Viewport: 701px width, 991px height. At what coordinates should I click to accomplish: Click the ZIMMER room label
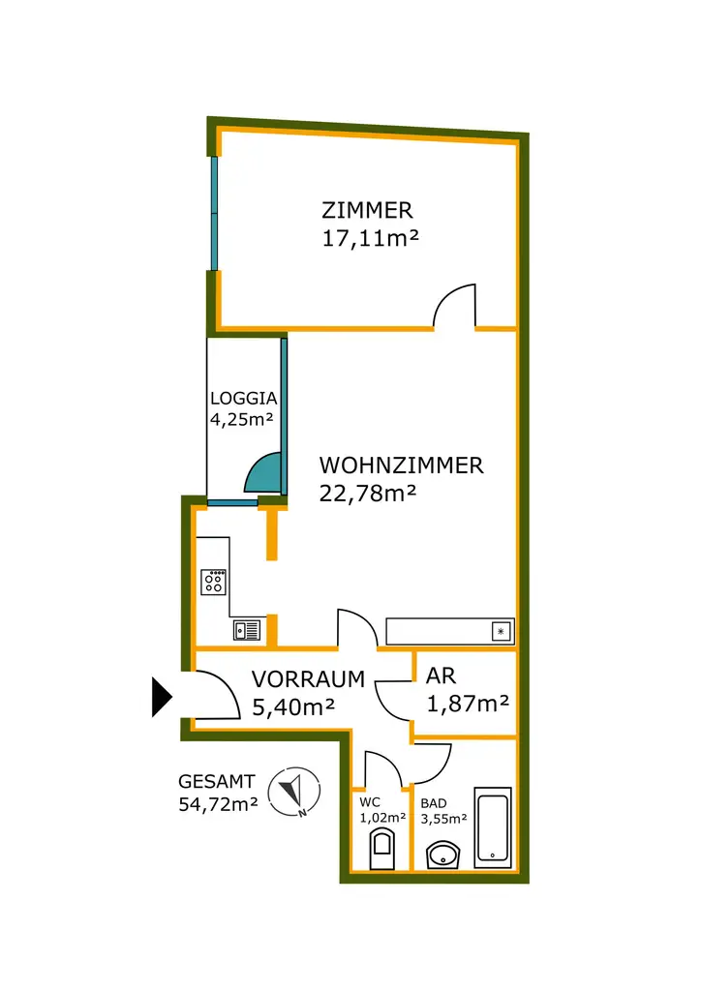pyautogui.click(x=367, y=210)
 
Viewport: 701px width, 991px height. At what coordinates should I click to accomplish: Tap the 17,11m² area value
pyautogui.click(x=370, y=238)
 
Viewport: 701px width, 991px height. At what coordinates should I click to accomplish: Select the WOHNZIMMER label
pyautogui.click(x=401, y=465)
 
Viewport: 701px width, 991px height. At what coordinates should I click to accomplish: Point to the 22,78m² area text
pyautogui.click(x=368, y=494)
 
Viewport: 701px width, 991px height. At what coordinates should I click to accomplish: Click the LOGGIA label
pyautogui.click(x=244, y=398)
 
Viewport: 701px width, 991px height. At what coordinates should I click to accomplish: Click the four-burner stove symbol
pyautogui.click(x=214, y=582)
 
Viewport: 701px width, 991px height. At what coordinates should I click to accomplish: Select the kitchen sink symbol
pyautogui.click(x=247, y=631)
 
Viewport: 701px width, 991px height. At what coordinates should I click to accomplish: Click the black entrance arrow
pyautogui.click(x=161, y=697)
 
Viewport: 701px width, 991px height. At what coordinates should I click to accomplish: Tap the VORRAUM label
pyautogui.click(x=308, y=679)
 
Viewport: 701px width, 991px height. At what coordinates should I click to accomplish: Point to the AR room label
pyautogui.click(x=441, y=677)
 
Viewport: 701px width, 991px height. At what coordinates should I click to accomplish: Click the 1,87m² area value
pyautogui.click(x=468, y=704)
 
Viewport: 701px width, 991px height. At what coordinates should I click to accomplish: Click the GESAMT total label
pyautogui.click(x=216, y=781)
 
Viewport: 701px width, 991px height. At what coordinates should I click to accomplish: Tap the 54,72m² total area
pyautogui.click(x=218, y=803)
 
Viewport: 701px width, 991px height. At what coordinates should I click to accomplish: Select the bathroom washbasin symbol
pyautogui.click(x=444, y=854)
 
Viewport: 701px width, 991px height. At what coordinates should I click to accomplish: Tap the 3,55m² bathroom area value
pyautogui.click(x=443, y=819)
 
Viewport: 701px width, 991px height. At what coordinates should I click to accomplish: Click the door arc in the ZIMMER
pyautogui.click(x=453, y=305)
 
